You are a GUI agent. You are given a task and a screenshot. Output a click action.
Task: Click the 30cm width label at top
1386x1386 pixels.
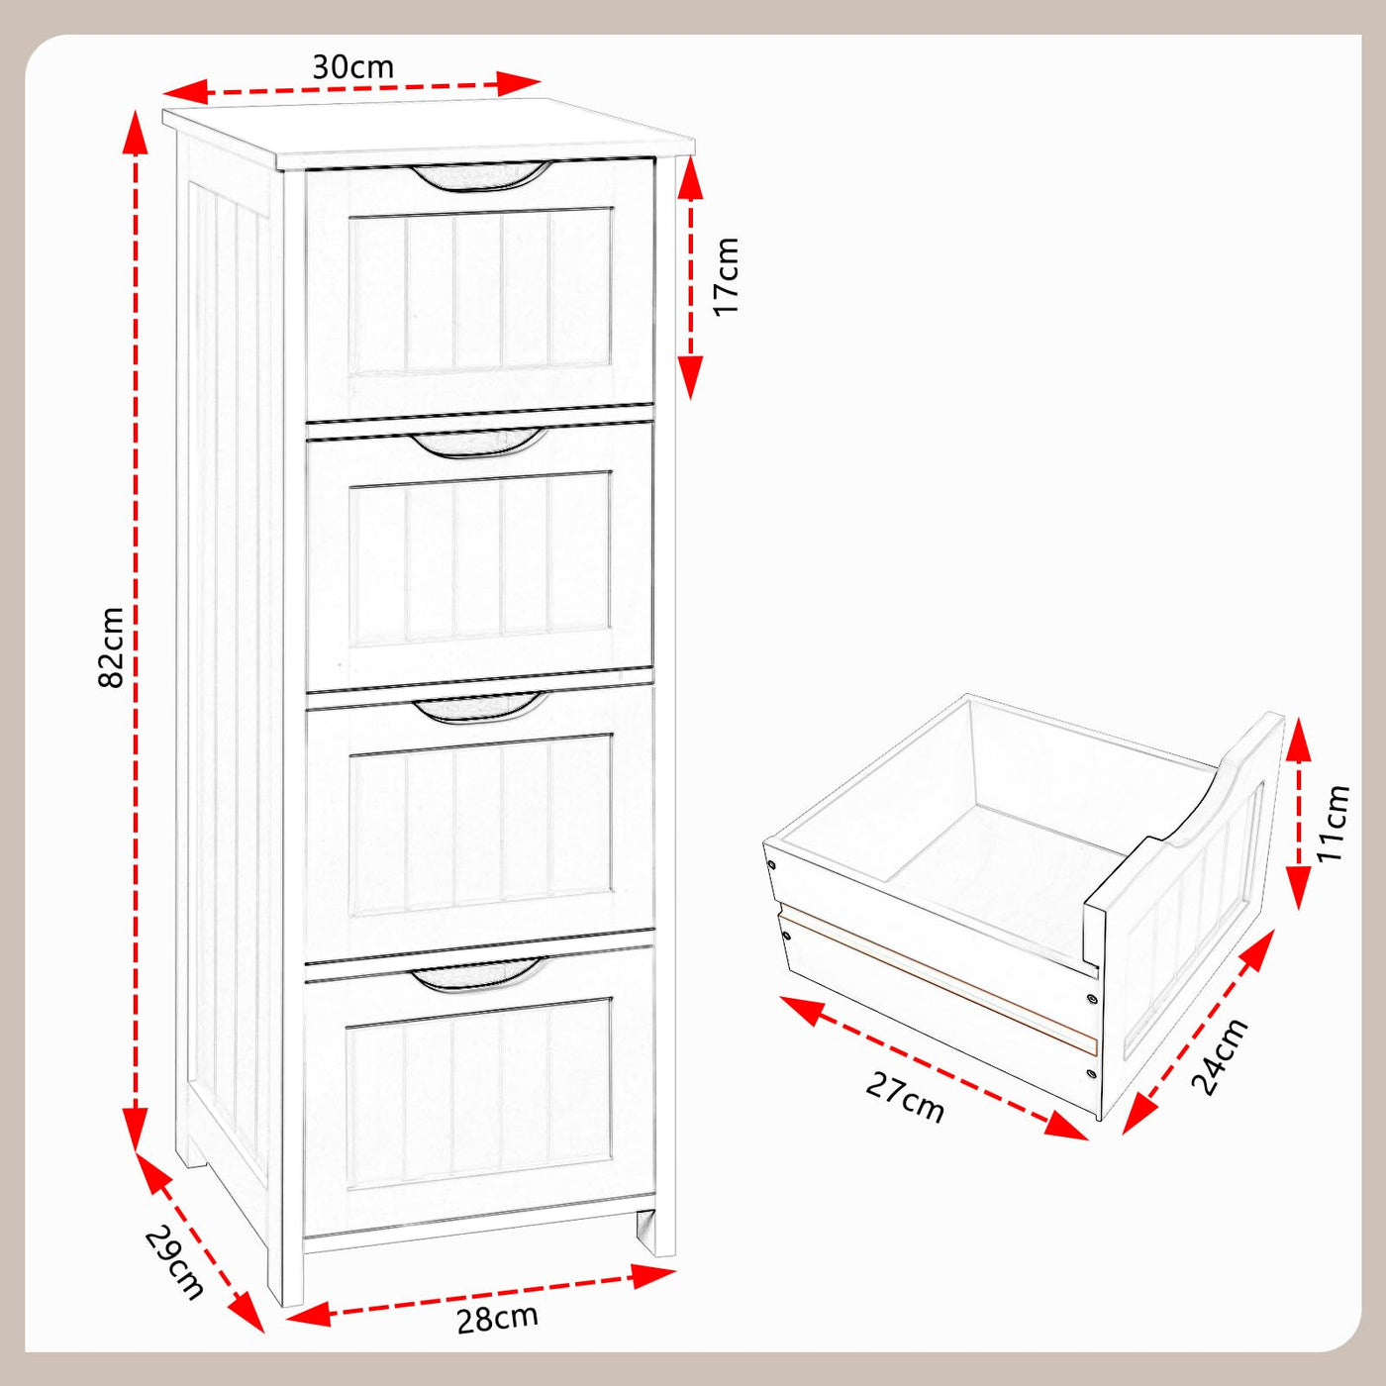(352, 67)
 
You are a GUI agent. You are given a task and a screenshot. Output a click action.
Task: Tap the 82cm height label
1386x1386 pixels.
(112, 647)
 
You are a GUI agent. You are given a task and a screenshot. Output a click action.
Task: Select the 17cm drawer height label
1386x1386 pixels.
(727, 276)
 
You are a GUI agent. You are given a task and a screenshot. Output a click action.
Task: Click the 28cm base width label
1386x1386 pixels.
(497, 1319)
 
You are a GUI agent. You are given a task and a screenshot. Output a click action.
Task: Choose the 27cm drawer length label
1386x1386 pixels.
(905, 1097)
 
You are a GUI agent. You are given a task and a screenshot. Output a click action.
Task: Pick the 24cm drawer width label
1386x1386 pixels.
(1220, 1056)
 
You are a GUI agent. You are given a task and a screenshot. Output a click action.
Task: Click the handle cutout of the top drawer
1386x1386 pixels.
(480, 175)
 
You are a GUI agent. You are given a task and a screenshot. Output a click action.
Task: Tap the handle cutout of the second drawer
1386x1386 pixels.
(480, 442)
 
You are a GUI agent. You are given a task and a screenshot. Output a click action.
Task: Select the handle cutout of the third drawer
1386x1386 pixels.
(480, 707)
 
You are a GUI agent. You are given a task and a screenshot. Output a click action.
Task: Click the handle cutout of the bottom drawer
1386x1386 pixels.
(478, 974)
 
